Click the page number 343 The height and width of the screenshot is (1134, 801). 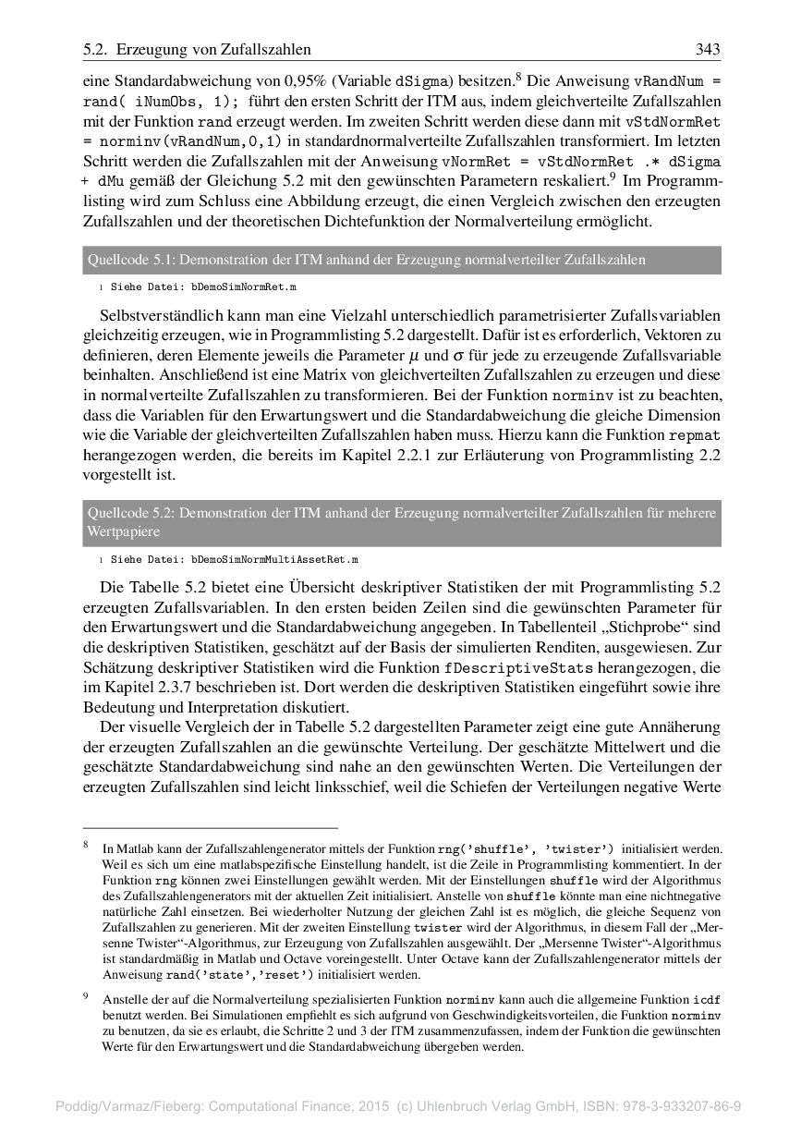707,49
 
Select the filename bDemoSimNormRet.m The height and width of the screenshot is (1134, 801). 244,288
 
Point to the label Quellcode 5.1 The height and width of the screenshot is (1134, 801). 125,261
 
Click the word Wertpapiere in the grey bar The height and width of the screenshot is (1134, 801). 123,532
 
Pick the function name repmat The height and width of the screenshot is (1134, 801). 695,434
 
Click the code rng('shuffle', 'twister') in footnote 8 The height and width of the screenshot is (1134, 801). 526,848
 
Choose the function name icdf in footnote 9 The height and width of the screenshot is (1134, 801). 707,1000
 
